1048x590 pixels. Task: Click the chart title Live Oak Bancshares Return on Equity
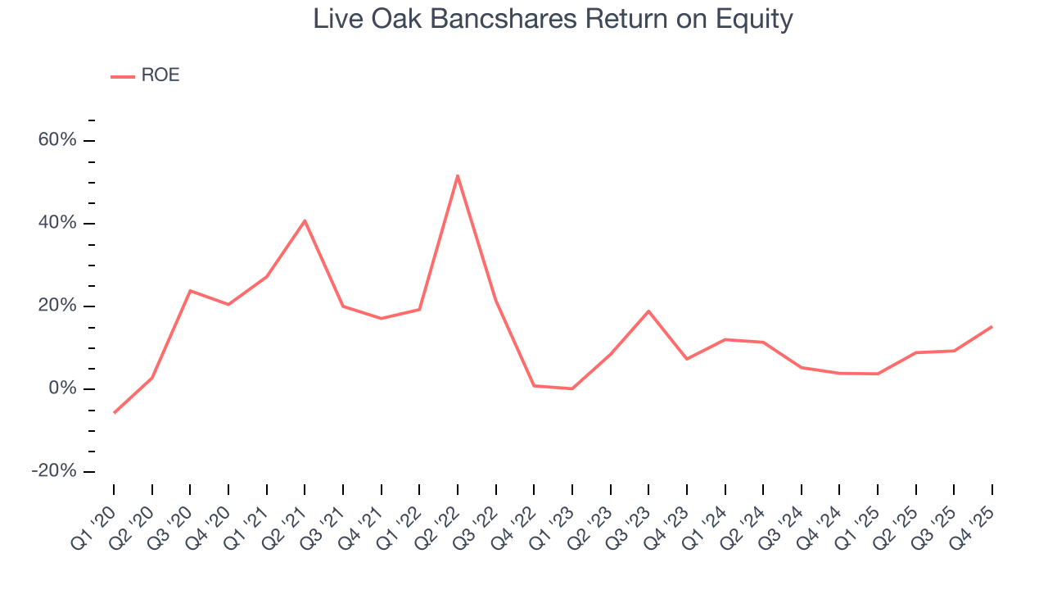553,19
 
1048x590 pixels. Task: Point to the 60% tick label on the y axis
57,140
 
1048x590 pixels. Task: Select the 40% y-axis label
57,223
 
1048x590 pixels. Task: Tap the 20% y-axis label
57,306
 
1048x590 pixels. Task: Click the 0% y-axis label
62,388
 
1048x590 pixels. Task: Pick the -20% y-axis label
54,471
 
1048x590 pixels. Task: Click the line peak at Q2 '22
458,175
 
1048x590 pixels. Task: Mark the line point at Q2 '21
305,220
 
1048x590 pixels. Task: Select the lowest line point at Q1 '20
114,412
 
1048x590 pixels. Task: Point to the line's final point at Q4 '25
992,326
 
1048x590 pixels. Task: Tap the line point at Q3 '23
648,311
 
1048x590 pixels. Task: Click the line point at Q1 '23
572,388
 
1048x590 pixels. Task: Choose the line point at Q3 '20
190,291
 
